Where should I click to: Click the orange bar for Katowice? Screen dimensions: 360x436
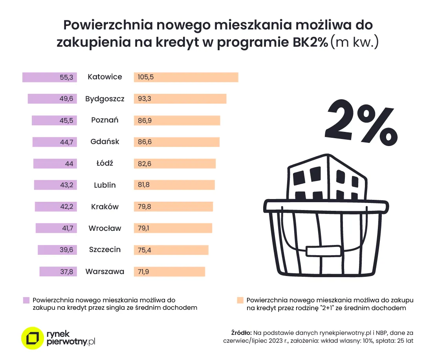[x=186, y=77]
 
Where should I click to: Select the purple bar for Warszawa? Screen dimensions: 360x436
[x=58, y=272]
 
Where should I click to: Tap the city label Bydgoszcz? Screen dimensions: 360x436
[x=105, y=99]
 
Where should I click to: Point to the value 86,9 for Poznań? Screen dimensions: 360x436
[x=145, y=121]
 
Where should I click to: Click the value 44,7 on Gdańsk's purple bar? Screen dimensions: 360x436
[x=66, y=142]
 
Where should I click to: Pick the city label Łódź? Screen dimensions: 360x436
[x=104, y=163]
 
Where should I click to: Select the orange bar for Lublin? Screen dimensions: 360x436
[x=174, y=185]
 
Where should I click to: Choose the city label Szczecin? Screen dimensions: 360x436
[x=105, y=250]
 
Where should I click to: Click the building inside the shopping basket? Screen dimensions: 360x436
[x=327, y=181]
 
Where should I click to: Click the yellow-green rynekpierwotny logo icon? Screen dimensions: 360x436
[x=32, y=338]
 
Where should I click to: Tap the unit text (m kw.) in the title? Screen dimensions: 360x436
[x=354, y=42]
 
